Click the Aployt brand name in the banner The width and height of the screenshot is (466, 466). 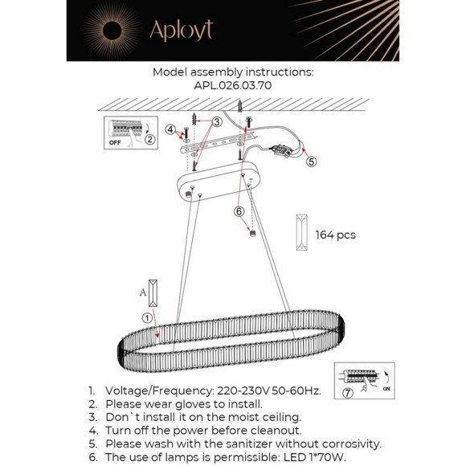coord(182,31)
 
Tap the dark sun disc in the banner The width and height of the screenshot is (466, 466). coord(112,31)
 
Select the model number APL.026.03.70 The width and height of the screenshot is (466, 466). coord(233,86)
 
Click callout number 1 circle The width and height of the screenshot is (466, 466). coord(147,318)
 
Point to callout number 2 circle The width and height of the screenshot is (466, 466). coord(150,139)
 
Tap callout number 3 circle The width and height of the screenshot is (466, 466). coord(217,121)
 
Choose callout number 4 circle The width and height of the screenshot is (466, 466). coord(170,129)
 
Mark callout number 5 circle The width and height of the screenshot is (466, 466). coord(311,161)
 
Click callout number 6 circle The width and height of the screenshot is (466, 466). coord(239,211)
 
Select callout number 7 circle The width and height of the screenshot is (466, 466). coord(347,393)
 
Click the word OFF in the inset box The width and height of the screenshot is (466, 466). coord(115,143)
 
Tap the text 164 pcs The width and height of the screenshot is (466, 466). coord(336,235)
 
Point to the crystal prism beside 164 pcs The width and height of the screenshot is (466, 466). coord(302,232)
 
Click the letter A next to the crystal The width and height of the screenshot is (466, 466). coord(143,292)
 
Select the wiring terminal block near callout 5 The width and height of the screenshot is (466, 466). coord(282,150)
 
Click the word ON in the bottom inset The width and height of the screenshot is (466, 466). coord(386,389)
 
